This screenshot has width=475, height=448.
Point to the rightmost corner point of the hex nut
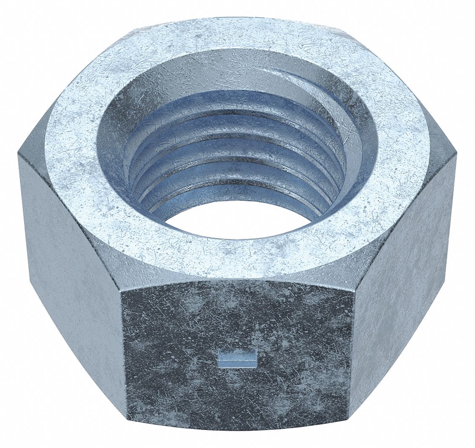(x=456, y=155)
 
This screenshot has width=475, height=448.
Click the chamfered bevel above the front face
(x=236, y=281)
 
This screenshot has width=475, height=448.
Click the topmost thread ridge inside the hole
(x=236, y=95)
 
